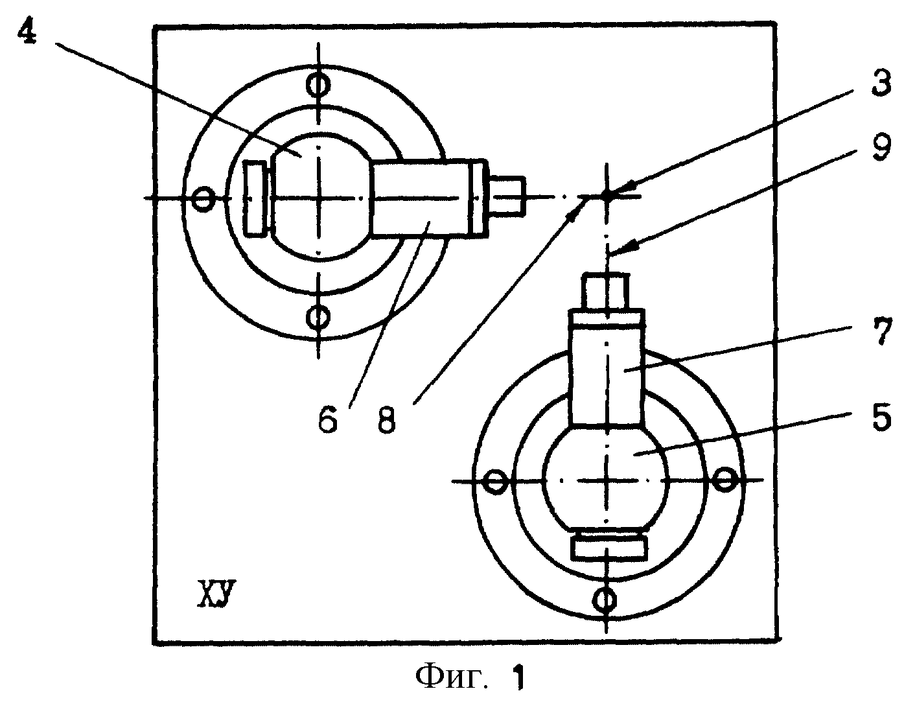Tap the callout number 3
(x=881, y=83)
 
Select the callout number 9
(x=881, y=146)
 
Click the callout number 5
(x=881, y=415)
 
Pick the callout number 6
(x=327, y=421)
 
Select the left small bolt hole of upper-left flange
(x=203, y=199)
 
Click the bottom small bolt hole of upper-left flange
(x=318, y=318)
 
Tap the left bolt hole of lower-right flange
(x=496, y=482)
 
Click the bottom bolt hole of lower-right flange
(x=605, y=599)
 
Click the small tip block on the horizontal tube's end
(x=506, y=196)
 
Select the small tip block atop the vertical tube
(x=605, y=291)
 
